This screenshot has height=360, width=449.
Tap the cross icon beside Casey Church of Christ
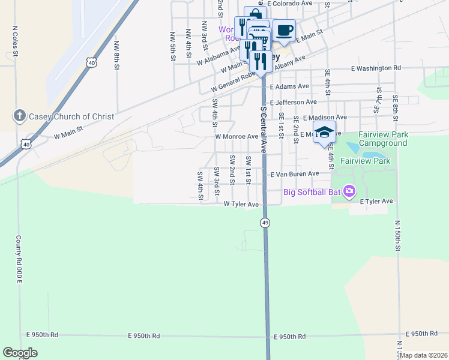[x=19, y=116]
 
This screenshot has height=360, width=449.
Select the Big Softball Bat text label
[x=312, y=193]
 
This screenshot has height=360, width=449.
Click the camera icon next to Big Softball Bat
[x=350, y=193]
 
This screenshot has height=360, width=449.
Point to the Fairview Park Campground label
[x=383, y=139]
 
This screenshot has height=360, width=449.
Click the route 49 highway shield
[x=265, y=223]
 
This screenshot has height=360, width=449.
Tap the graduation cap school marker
[x=325, y=133]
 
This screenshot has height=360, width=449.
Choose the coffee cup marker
[x=284, y=30]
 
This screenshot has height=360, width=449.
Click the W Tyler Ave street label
[x=241, y=204]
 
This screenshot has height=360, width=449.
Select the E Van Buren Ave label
[x=295, y=174]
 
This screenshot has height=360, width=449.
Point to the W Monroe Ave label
[x=237, y=136]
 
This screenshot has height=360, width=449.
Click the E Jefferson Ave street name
[x=293, y=103]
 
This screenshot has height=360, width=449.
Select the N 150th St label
[x=397, y=235]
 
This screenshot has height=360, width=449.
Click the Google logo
[x=20, y=353]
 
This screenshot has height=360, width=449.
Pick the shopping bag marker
[x=255, y=14]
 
